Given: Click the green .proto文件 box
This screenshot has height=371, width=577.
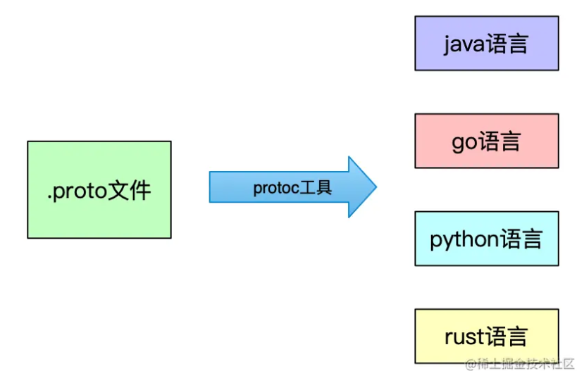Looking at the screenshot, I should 99,189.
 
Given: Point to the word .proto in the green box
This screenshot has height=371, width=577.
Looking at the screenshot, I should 77,191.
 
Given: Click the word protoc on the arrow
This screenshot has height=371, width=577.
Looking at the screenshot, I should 275,188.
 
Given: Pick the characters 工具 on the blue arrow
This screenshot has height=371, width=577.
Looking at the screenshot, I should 314,188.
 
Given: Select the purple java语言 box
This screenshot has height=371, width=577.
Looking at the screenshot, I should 486,44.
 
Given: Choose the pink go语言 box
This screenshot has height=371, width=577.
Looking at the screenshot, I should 486,141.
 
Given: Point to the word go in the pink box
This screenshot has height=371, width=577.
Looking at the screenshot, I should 464,142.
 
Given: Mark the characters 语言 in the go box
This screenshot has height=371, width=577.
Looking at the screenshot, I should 499,142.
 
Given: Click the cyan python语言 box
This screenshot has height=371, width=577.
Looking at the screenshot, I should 486,239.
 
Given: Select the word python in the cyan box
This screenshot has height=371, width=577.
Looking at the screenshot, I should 464,240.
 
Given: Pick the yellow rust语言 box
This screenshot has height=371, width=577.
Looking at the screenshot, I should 486,336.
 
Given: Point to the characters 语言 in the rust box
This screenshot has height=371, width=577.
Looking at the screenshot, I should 507,337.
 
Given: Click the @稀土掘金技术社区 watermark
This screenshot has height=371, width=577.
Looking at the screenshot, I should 519,363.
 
